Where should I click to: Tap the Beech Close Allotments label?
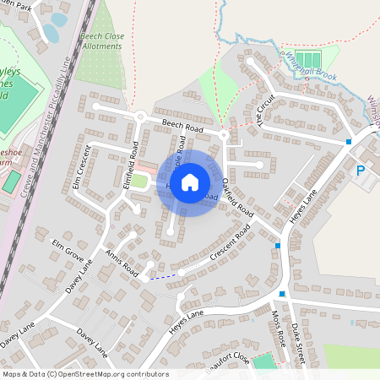[x=101, y=41]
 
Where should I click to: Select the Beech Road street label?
[x=183, y=127]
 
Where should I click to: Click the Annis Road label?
[x=121, y=263]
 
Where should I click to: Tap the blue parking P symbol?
[x=361, y=171]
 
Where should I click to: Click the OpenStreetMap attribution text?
[x=85, y=374]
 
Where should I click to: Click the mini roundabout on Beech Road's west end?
[x=141, y=116]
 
